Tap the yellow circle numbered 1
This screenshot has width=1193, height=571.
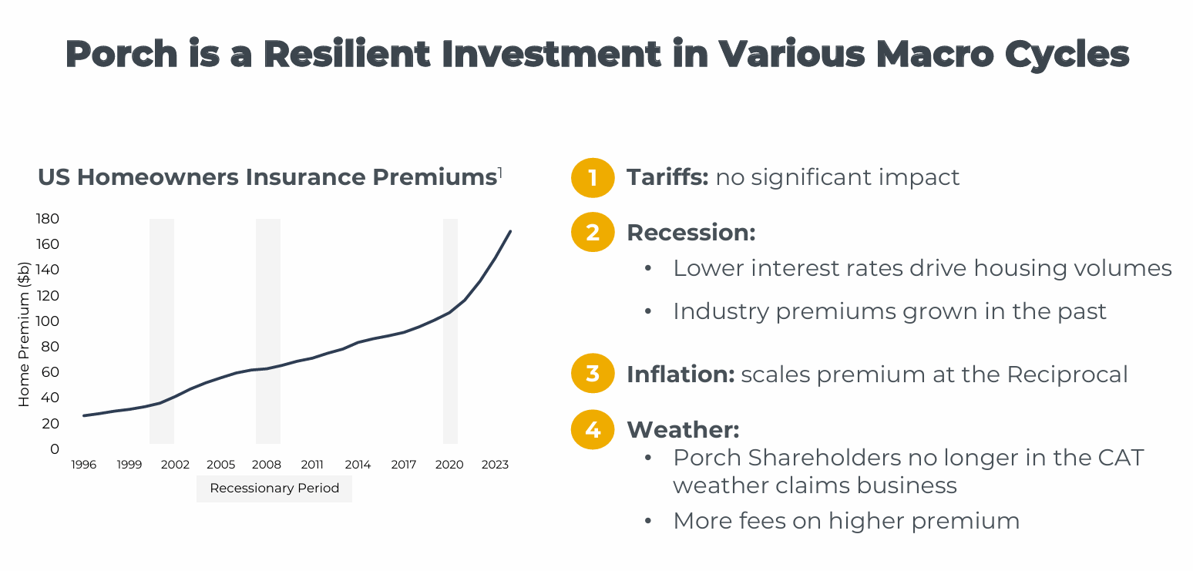click(592, 178)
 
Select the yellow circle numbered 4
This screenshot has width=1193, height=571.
click(592, 429)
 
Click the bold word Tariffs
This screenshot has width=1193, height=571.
click(667, 177)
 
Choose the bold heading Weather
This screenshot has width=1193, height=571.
click(683, 429)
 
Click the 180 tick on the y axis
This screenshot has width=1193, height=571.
click(48, 219)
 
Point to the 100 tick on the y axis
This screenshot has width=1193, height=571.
click(48, 321)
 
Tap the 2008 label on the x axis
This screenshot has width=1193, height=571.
click(267, 465)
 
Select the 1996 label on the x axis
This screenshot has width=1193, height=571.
click(84, 465)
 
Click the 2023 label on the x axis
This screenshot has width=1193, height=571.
click(495, 465)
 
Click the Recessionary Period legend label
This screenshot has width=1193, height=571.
click(274, 489)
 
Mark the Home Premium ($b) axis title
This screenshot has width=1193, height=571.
click(24, 334)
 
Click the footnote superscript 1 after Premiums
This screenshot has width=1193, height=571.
click(500, 173)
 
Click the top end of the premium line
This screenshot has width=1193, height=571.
click(510, 230)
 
